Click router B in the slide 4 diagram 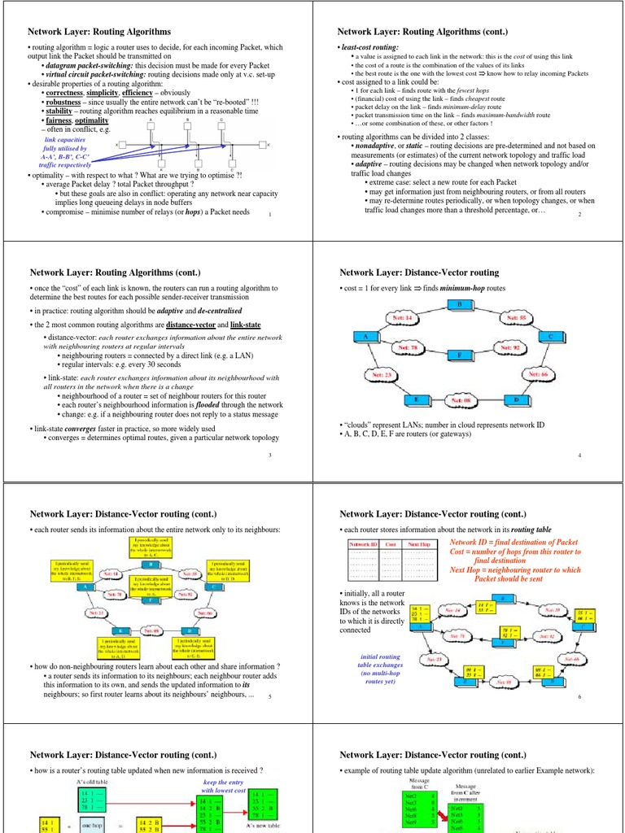(460, 304)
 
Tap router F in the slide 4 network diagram (460, 355)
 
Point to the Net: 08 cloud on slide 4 (460, 401)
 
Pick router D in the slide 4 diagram (516, 401)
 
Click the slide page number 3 (269, 456)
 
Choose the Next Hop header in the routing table (420, 543)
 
